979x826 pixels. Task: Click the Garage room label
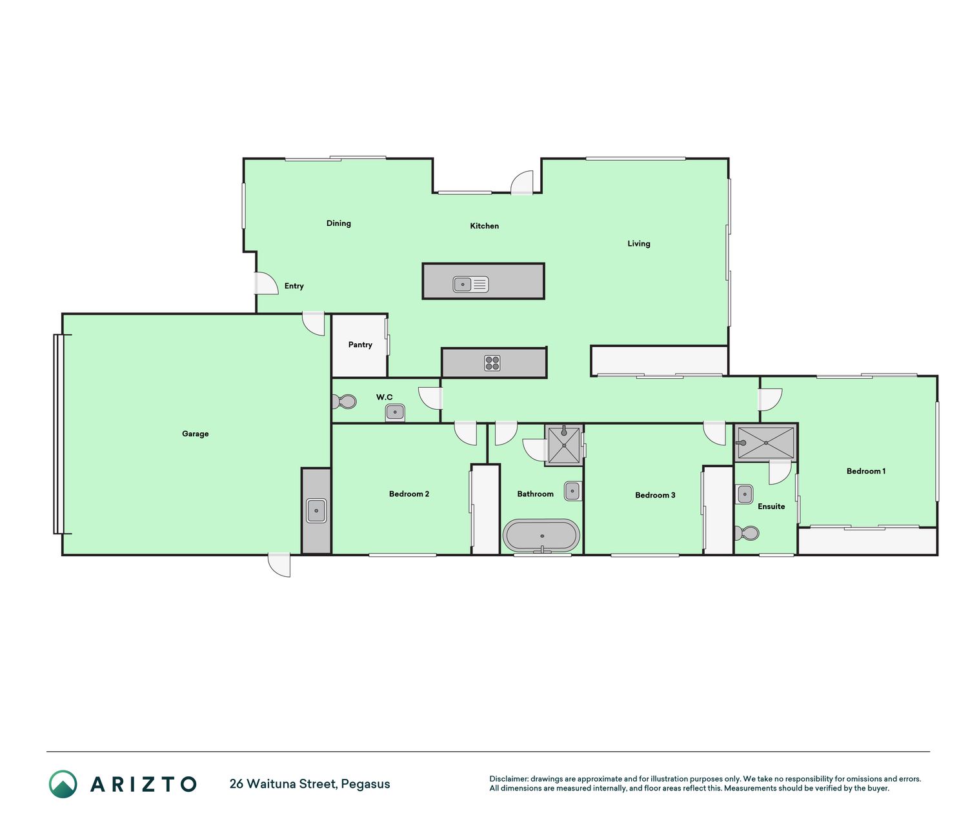coord(195,434)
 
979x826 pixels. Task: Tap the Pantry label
coord(360,345)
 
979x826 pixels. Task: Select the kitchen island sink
coord(470,285)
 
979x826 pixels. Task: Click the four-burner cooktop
coord(492,363)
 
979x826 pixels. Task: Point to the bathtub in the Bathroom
coord(541,536)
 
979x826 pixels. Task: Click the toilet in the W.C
coord(344,402)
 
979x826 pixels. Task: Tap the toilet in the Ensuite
coord(747,533)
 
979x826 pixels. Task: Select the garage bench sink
coord(316,510)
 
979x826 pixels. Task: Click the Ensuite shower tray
coord(765,443)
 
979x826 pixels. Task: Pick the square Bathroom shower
coord(564,445)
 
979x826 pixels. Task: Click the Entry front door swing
coord(267,283)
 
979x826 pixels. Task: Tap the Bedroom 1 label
coord(866,471)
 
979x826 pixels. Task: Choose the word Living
coord(639,243)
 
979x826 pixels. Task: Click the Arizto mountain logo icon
coord(63,784)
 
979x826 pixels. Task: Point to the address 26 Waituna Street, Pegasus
coord(310,784)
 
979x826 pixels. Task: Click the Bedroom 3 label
coord(655,495)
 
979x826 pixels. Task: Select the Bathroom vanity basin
coord(572,491)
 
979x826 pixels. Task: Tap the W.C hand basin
coord(395,412)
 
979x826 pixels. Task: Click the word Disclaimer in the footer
coord(509,779)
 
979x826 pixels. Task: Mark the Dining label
coord(339,223)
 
